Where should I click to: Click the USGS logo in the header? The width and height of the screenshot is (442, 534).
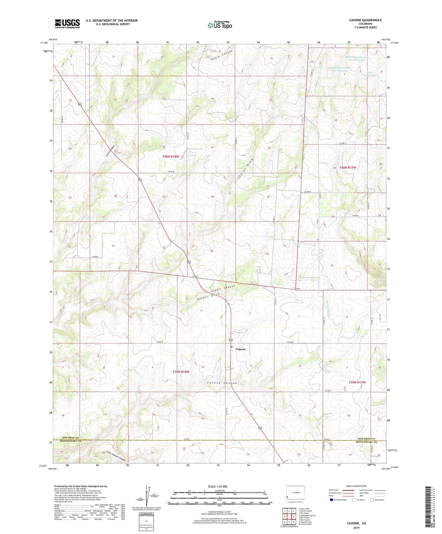(67, 24)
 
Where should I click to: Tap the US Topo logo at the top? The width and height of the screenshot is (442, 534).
(219, 25)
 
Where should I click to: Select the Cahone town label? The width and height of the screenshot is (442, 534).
(241, 349)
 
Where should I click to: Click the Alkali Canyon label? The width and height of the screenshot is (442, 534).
(223, 288)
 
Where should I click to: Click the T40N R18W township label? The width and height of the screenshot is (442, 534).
(170, 157)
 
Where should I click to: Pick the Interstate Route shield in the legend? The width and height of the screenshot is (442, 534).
(332, 500)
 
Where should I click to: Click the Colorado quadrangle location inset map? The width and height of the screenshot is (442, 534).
(295, 493)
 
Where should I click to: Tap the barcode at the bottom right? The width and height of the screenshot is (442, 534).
(429, 507)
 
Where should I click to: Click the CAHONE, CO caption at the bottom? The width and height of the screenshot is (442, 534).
(356, 523)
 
